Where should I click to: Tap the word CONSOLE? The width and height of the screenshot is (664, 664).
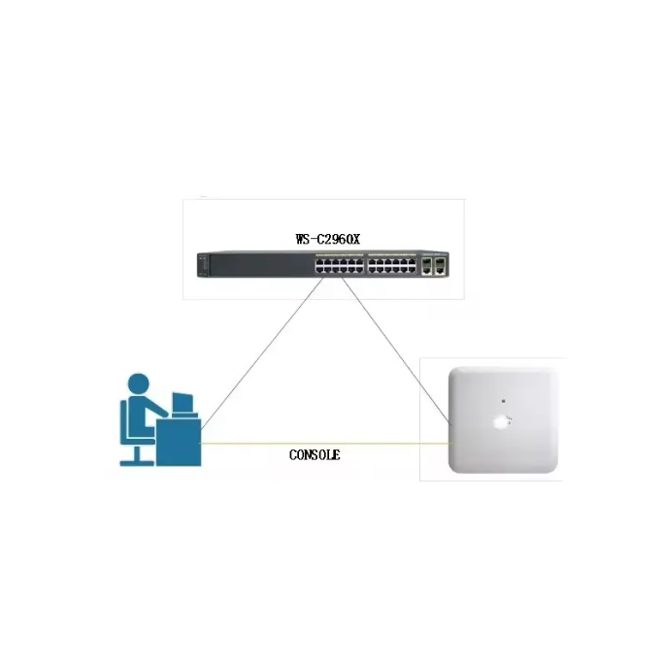[315, 454]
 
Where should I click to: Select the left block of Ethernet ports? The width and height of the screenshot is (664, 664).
[337, 263]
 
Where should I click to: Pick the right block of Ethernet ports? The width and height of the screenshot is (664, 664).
[388, 263]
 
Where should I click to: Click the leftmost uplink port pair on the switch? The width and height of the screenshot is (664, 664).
[426, 263]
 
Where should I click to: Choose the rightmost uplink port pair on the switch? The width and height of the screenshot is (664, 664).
[441, 263]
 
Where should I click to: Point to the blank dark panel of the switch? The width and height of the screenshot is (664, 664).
[257, 263]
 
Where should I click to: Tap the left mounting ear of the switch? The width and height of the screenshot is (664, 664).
[200, 263]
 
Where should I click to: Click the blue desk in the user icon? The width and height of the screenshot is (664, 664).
[179, 442]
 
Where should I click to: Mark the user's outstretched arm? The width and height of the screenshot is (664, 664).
[160, 413]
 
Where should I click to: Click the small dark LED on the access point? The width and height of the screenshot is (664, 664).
[503, 400]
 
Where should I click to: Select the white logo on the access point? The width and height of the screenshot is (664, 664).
[502, 421]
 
